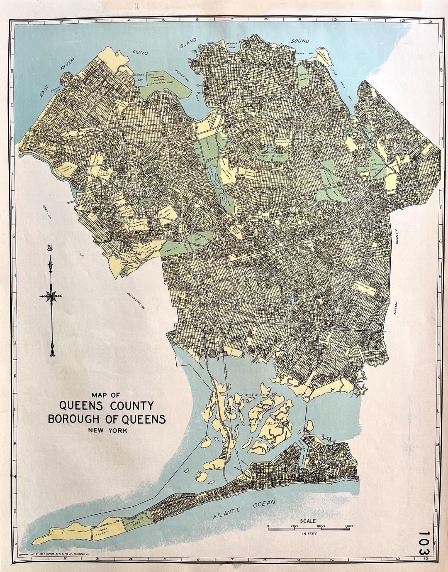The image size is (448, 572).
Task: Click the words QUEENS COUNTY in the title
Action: (x=107, y=405)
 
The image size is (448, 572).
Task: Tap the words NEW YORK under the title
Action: (x=107, y=431)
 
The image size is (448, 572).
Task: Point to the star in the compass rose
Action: (x=51, y=296)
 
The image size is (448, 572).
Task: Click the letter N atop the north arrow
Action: (x=50, y=248)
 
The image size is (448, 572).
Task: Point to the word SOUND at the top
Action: (x=299, y=41)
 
